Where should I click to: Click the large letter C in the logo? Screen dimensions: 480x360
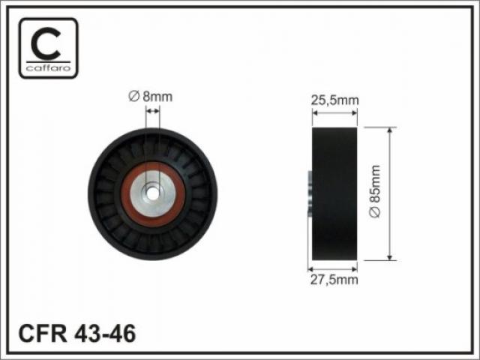[46, 43]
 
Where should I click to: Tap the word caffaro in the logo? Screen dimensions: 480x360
[48, 68]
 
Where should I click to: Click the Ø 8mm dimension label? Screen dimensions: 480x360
[151, 97]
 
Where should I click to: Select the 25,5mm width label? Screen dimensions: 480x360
[334, 100]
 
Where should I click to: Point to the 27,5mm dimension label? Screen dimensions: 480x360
[334, 280]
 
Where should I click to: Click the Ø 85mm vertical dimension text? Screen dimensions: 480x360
[375, 191]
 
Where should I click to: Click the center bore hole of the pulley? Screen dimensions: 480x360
[152, 193]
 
